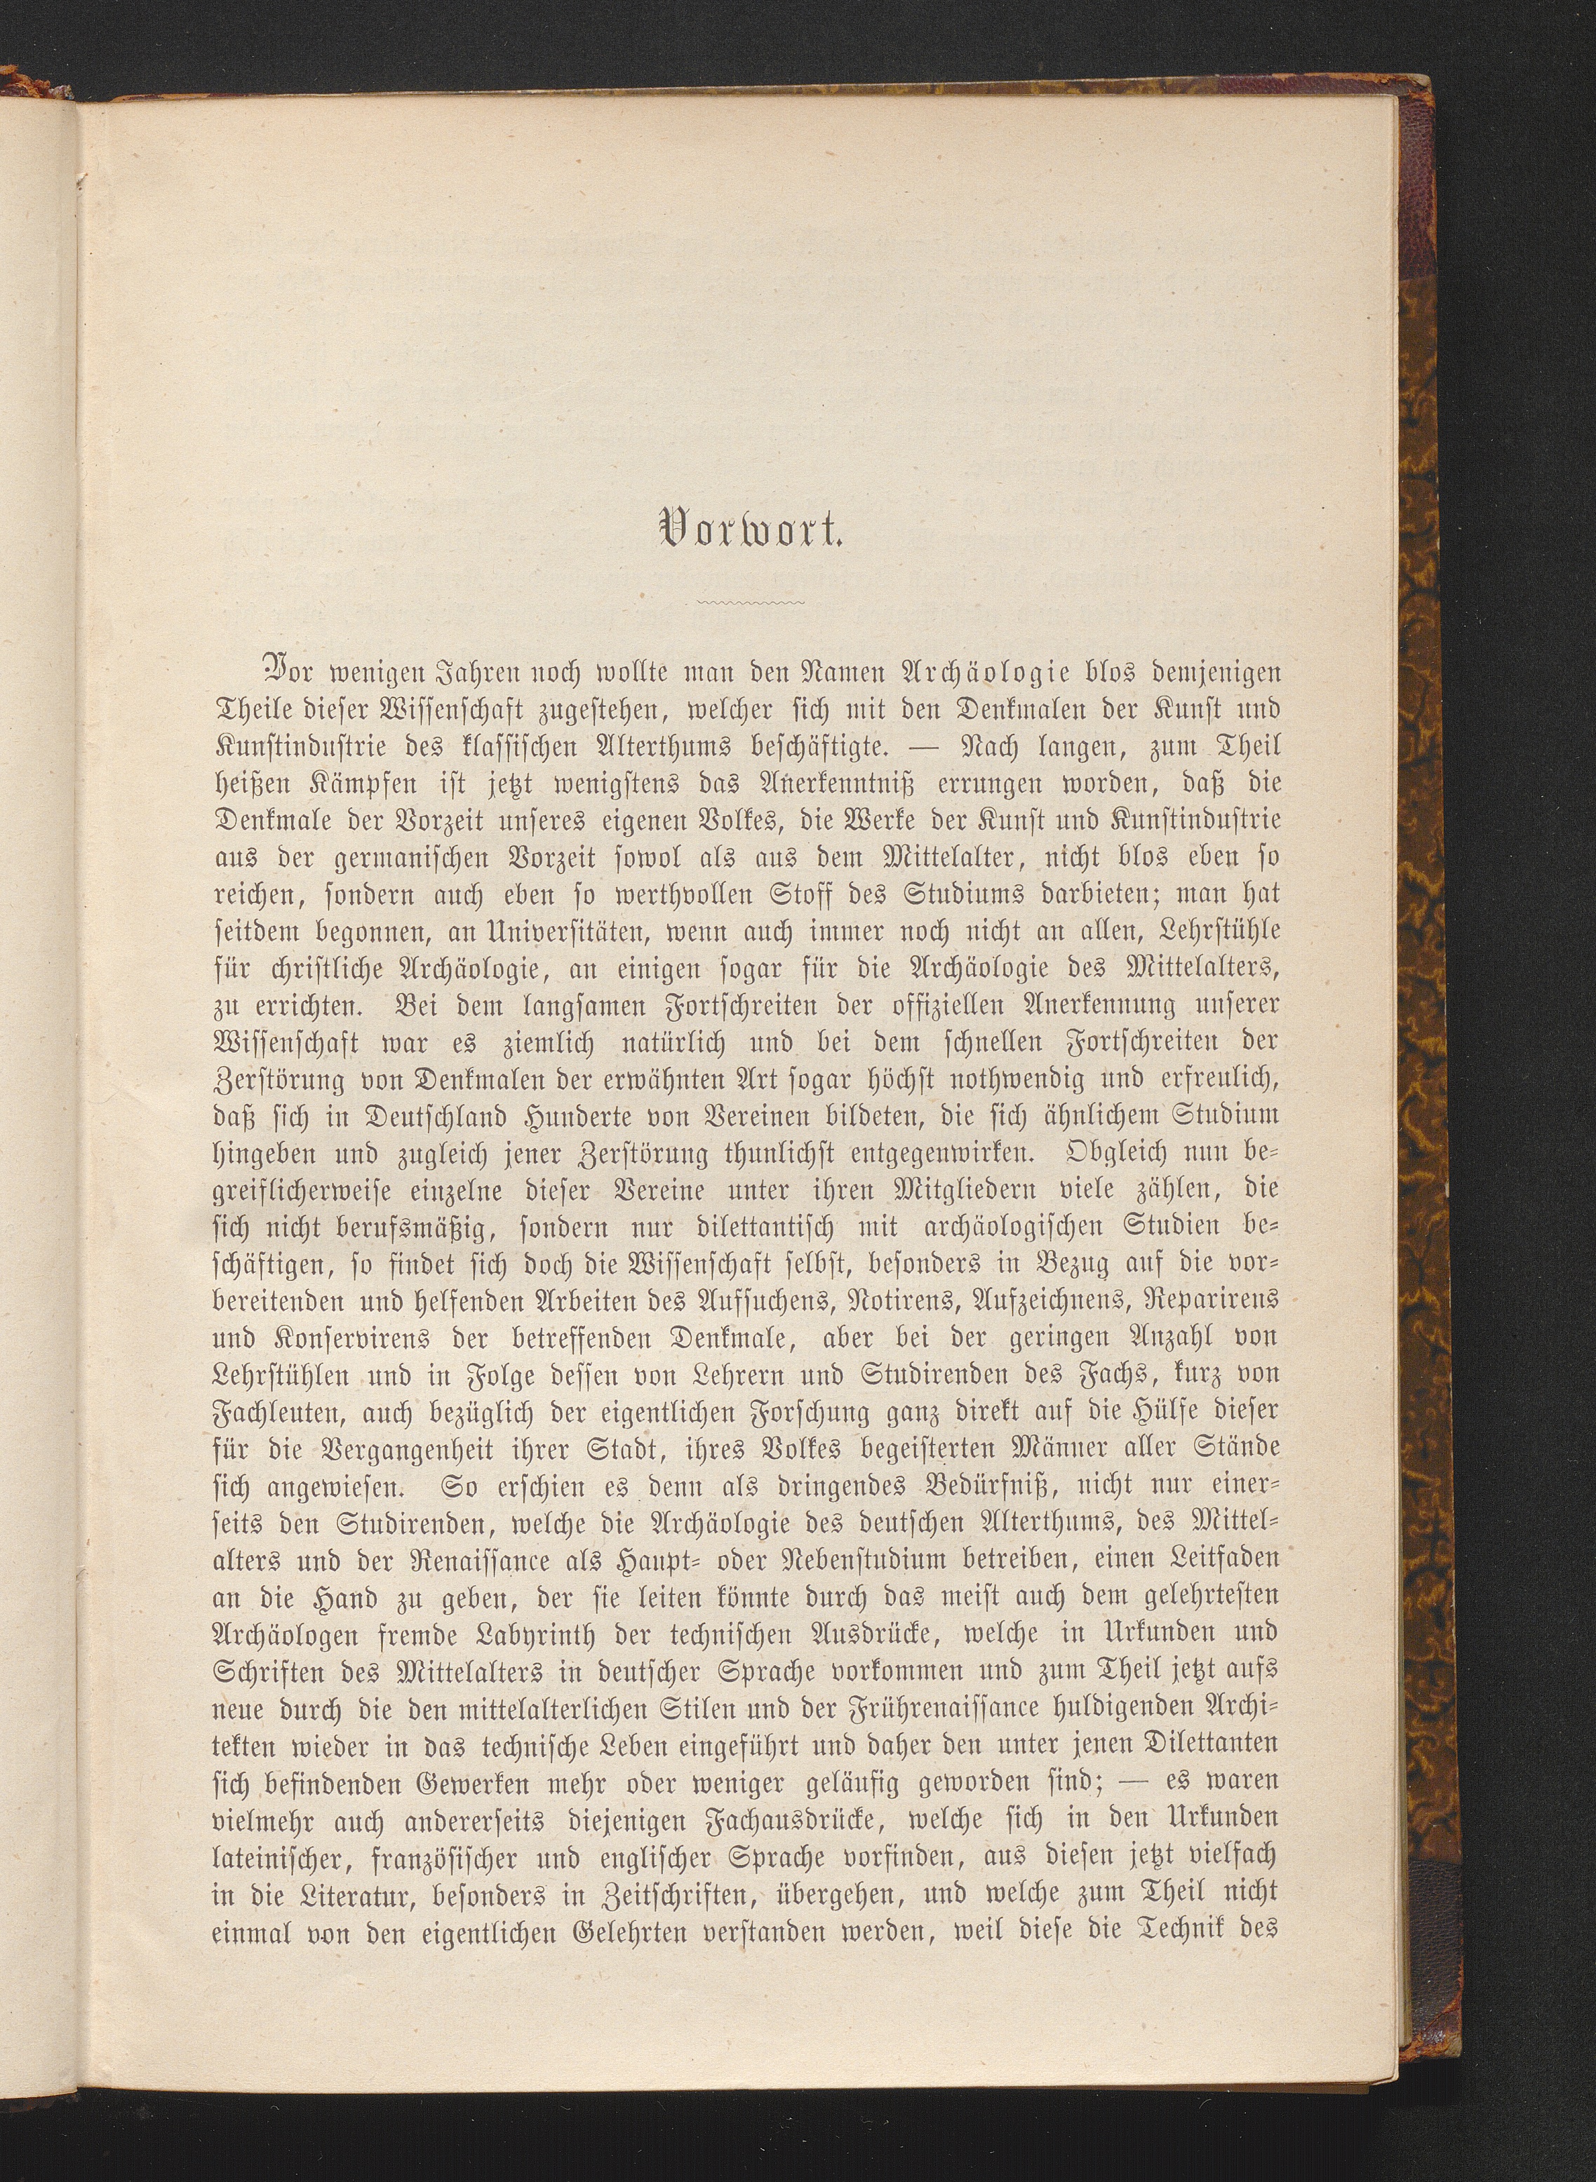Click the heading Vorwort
750,530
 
